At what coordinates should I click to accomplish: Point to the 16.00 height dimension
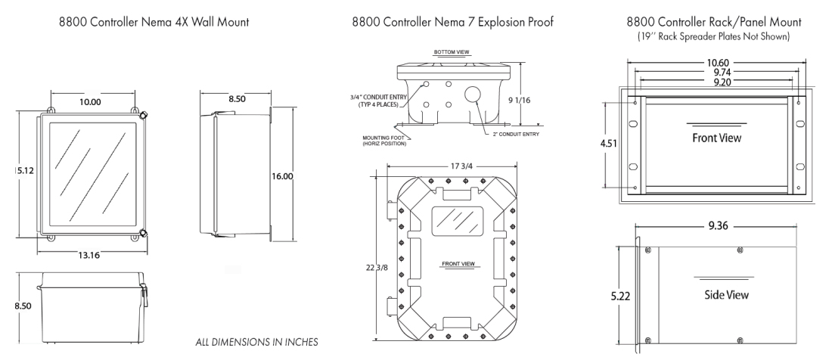(x=282, y=175)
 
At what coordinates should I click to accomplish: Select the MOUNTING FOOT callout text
(x=384, y=141)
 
